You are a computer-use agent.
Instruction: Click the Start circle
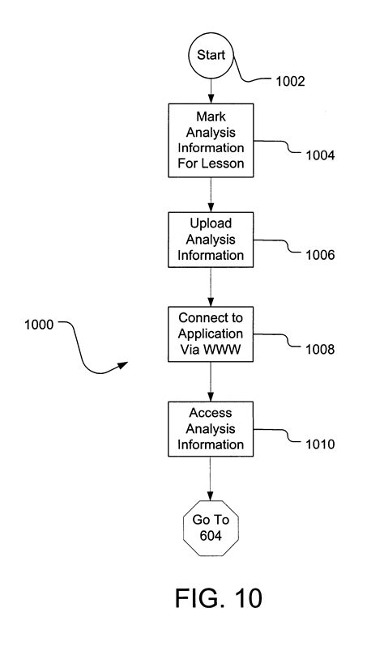(x=211, y=57)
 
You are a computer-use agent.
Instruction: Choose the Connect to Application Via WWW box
(x=211, y=334)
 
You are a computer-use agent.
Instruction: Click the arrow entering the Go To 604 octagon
(x=211, y=478)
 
